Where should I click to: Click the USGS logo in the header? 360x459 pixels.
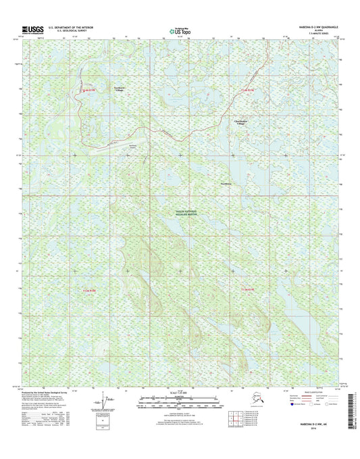(32, 29)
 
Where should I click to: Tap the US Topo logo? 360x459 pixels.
(179, 30)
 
